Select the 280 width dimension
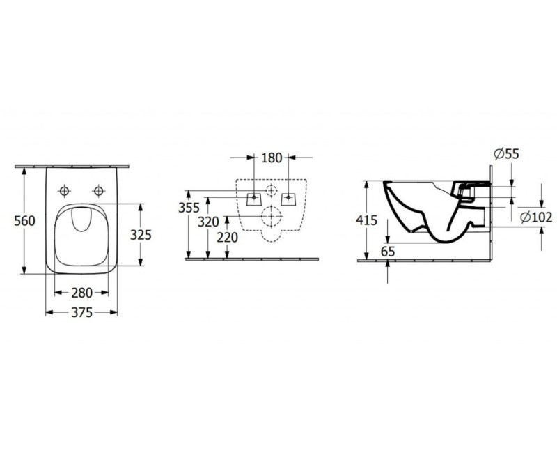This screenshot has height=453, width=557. coord(82,293)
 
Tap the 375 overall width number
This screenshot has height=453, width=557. coord(81,313)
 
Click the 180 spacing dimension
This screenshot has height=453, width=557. coord(272,158)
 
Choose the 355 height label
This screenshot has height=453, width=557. coord(188,208)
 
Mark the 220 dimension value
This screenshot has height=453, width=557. coord(228,237)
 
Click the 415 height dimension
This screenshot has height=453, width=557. coord(366,221)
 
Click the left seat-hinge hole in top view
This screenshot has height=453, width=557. coord(64,190)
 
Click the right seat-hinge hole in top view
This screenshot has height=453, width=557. coord(100,190)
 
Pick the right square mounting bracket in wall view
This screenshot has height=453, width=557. coord(288,199)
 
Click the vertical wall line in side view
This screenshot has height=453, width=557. coord(493,209)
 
